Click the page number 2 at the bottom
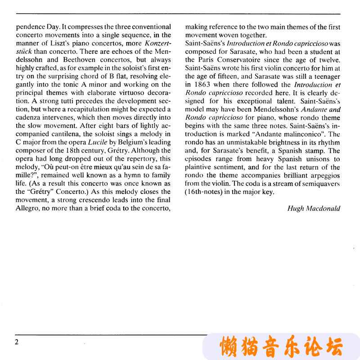[x=16, y=342]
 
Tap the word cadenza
[x=27, y=118]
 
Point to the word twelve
[x=328, y=60]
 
